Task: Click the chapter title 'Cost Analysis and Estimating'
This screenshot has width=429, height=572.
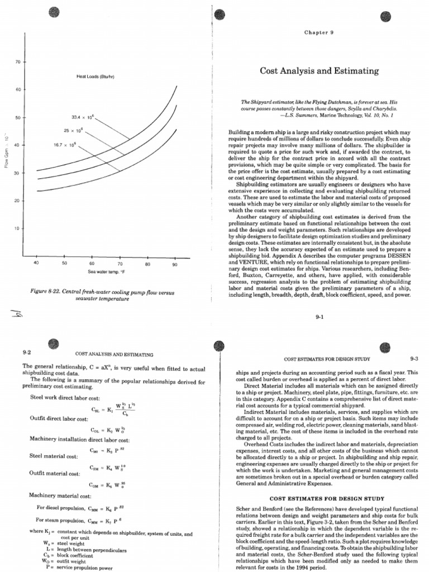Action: (x=319, y=71)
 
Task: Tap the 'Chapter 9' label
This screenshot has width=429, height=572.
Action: (x=318, y=33)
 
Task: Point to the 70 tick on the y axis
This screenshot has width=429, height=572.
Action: (x=17, y=61)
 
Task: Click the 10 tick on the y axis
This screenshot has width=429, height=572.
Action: (x=17, y=228)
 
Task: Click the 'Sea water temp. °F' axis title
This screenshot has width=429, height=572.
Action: (x=104, y=271)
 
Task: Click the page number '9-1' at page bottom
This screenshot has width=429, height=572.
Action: (x=320, y=316)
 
